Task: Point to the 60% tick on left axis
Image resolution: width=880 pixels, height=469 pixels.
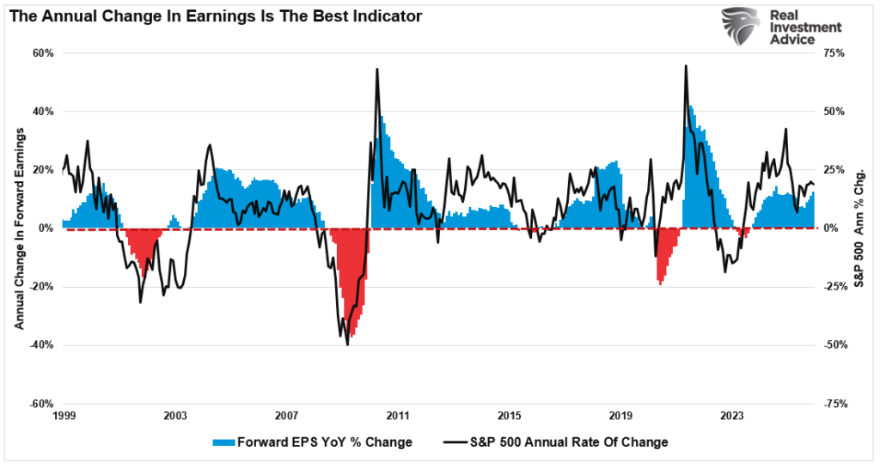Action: (43, 52)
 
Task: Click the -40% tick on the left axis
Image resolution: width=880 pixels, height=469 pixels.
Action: (41, 345)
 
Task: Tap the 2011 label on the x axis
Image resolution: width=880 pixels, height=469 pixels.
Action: (397, 416)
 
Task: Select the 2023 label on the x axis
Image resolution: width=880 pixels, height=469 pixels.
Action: (731, 416)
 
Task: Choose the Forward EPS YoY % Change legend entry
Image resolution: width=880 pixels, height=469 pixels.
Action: (312, 442)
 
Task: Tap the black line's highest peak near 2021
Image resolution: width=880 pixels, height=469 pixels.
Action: (686, 66)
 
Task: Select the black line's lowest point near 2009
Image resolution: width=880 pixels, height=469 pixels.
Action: (347, 344)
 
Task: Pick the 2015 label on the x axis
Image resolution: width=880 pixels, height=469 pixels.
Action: (509, 416)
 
